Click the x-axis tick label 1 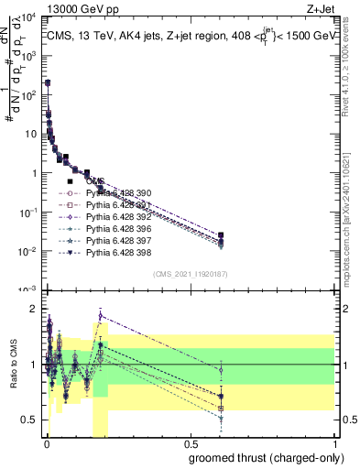coord(335,442)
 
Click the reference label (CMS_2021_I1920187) coord(190,273)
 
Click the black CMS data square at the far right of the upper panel coord(220,235)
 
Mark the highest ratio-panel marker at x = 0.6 coord(220,369)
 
